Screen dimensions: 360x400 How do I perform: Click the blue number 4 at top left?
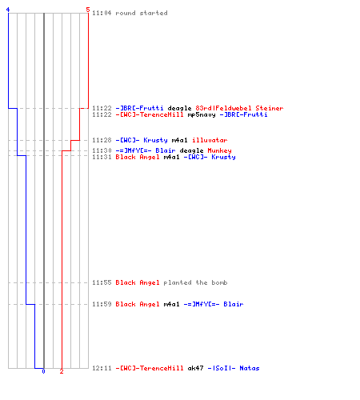[8, 10]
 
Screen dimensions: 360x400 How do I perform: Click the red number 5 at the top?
[88, 10]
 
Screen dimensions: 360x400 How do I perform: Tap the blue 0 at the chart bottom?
[43, 371]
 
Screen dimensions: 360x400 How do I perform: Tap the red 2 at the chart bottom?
[62, 371]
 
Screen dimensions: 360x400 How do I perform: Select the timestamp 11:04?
[102, 13]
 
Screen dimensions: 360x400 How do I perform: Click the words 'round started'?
[142, 13]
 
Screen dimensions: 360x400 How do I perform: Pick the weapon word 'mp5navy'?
[202, 114]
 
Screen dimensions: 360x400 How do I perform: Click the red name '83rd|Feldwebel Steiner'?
[239, 108]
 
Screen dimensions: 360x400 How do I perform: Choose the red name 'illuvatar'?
[210, 140]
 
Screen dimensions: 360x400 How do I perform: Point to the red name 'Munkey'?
[219, 150]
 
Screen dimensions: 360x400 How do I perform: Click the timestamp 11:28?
[102, 140]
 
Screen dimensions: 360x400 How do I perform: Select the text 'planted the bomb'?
[195, 282]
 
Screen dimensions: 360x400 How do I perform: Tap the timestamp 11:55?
[102, 282]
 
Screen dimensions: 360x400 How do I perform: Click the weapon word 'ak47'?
[195, 368]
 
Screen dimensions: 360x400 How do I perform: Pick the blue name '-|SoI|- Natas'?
[234, 368]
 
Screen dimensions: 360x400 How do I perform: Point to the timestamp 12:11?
[102, 368]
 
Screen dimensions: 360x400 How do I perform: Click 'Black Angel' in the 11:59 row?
[138, 304]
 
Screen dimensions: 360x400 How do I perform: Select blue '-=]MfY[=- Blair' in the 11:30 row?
[146, 150]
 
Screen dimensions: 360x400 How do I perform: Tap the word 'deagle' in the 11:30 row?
[191, 151]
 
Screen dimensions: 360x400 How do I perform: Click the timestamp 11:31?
[102, 157]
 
